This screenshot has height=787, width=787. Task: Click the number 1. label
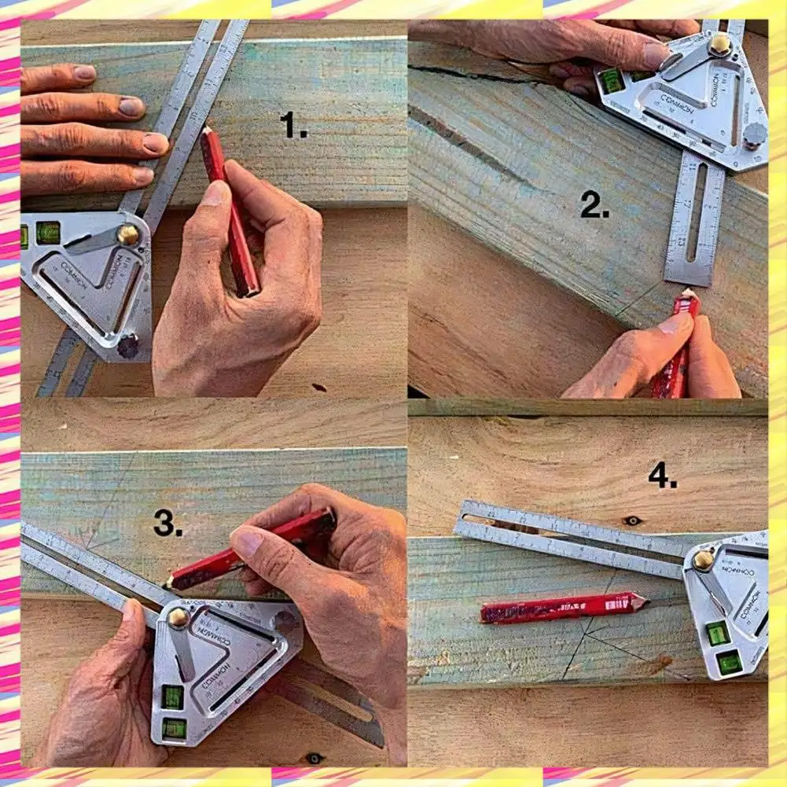coord(293,126)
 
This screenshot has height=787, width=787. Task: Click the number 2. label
coord(595,205)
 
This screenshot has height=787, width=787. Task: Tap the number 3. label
coord(168,523)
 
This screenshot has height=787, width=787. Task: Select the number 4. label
coord(663,476)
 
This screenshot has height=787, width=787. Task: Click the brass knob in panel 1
coord(127,234)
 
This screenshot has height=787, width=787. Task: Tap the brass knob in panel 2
coord(719,45)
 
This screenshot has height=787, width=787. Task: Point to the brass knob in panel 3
coord(178,616)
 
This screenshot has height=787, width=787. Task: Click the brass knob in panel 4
coord(703,560)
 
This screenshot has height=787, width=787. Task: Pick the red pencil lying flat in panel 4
coord(562,607)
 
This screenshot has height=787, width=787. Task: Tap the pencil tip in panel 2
coord(689,294)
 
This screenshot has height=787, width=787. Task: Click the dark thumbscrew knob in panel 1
coord(127,344)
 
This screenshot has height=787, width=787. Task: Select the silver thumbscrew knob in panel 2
coord(753,134)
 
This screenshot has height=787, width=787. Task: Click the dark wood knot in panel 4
coord(631,520)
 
